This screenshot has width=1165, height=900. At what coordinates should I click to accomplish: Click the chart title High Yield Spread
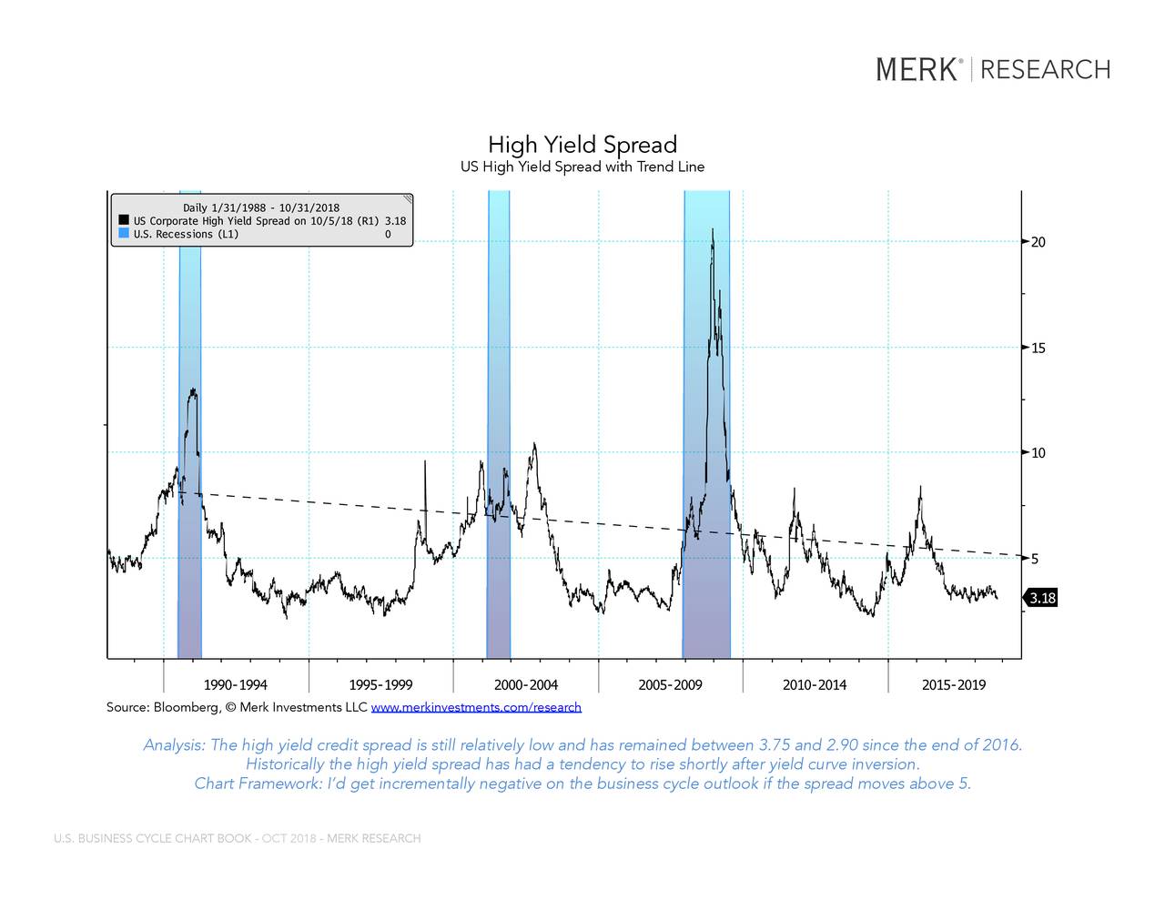tap(582, 145)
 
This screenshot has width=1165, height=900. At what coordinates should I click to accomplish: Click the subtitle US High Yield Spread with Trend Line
tap(582, 167)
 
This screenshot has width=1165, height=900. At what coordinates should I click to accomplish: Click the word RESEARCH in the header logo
tap(1045, 69)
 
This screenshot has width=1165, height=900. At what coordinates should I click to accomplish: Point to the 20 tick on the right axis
tap(1038, 242)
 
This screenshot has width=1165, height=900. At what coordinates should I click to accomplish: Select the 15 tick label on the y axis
tap(1038, 348)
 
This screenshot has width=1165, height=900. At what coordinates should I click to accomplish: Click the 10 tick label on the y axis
tap(1038, 453)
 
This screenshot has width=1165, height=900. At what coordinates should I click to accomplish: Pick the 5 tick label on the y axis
tap(1035, 559)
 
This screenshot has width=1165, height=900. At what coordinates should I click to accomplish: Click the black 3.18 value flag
tap(1042, 598)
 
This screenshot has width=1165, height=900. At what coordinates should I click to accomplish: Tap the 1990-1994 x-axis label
tap(235, 685)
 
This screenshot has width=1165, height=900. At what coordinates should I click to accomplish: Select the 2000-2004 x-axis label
tap(525, 685)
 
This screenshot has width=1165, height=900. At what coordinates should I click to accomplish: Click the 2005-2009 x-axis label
tap(670, 685)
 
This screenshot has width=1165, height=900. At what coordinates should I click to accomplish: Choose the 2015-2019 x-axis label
tap(953, 685)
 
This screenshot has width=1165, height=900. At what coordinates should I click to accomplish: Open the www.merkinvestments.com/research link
tap(476, 707)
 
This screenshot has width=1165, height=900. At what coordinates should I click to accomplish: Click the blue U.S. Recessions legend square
tap(123, 234)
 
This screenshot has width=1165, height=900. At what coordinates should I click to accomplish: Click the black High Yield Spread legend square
tap(123, 220)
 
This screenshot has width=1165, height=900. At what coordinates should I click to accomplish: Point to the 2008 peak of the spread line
tap(712, 230)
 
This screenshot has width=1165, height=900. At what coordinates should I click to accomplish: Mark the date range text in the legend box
tap(261, 208)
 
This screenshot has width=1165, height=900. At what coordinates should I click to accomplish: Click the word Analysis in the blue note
tap(173, 745)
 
